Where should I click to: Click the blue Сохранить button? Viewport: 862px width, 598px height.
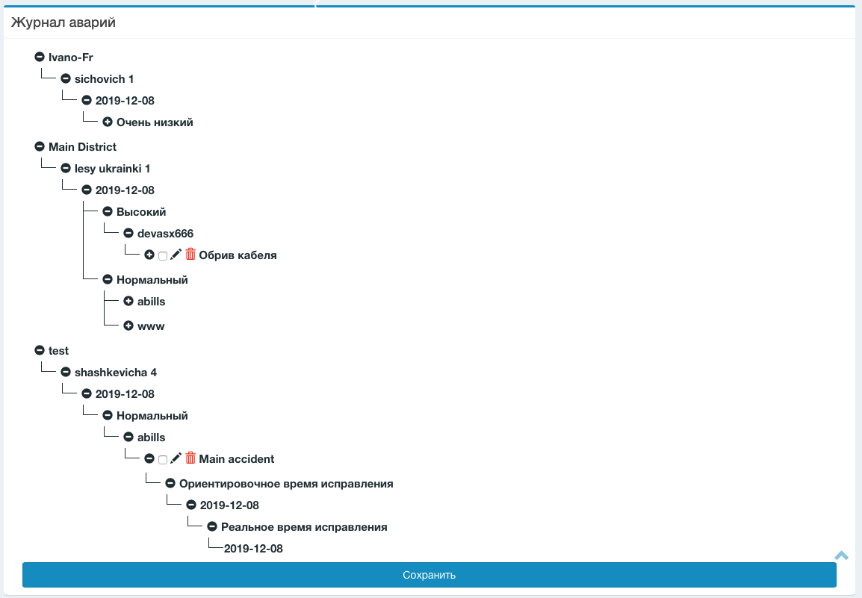[429, 575]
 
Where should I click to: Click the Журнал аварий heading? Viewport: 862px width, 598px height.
[63, 22]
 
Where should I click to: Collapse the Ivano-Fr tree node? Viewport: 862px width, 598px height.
[40, 57]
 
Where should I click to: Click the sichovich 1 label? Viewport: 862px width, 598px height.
[104, 79]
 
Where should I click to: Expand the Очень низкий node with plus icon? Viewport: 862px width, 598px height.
[108, 122]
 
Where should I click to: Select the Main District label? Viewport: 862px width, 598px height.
[82, 147]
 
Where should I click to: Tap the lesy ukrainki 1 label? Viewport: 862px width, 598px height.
[112, 169]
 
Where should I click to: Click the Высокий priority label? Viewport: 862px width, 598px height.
[141, 212]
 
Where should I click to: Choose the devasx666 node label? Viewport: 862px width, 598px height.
[165, 234]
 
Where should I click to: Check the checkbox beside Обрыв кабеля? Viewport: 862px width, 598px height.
[163, 256]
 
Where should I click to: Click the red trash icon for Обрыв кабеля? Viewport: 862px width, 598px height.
[190, 255]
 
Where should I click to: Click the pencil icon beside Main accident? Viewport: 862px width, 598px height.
[176, 458]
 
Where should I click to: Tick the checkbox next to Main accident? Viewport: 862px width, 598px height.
[163, 460]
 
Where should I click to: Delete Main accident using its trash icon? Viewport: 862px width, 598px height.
[190, 458]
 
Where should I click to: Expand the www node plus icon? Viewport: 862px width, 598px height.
[128, 326]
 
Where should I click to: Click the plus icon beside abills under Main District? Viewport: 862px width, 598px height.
[128, 302]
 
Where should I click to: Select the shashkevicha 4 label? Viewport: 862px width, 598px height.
[115, 373]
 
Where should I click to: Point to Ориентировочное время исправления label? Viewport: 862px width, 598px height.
[286, 484]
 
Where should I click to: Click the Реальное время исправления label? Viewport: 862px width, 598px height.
[304, 527]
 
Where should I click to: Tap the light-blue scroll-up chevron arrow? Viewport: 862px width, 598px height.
[842, 555]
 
